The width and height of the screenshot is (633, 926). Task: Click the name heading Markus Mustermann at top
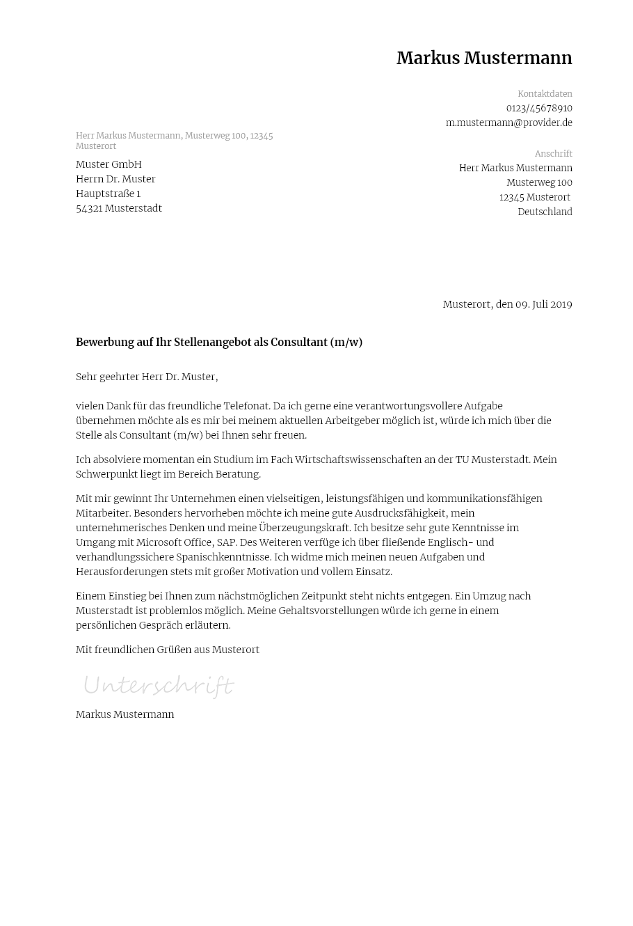click(x=484, y=58)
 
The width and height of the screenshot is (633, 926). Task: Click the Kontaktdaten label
click(x=545, y=94)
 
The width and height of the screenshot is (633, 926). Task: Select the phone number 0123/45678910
click(x=539, y=109)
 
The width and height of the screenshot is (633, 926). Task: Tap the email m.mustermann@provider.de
click(x=508, y=123)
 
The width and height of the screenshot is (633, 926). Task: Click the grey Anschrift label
click(x=553, y=154)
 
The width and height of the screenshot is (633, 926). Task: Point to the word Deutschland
click(x=545, y=212)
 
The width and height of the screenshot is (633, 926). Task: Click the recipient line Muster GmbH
click(x=109, y=164)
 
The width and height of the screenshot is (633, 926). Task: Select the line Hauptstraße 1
click(x=108, y=194)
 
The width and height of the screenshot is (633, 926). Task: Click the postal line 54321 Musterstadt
click(x=119, y=208)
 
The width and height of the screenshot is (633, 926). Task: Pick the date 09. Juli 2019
click(x=543, y=305)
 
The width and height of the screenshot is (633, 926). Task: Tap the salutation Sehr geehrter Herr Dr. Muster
click(x=147, y=377)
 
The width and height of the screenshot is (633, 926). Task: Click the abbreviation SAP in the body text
click(x=227, y=542)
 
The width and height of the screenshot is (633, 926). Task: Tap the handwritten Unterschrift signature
click(x=159, y=686)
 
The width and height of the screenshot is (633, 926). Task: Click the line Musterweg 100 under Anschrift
click(x=539, y=183)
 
